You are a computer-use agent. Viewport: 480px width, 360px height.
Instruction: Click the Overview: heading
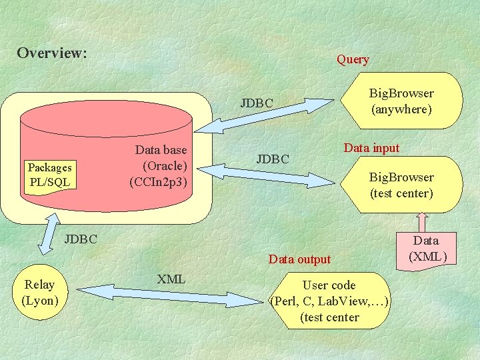[x=52, y=53]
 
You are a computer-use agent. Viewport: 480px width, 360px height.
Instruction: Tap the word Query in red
[x=353, y=59]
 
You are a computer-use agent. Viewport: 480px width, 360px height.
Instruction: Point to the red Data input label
[x=371, y=148]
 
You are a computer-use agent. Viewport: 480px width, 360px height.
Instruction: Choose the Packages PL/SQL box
[x=50, y=175]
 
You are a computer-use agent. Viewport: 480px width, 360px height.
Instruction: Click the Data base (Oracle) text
[x=161, y=165]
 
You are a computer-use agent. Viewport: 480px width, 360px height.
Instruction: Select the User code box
[x=329, y=301]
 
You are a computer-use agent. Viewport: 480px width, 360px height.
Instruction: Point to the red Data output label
[x=299, y=259]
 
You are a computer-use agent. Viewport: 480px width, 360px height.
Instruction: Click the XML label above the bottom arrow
[x=171, y=279]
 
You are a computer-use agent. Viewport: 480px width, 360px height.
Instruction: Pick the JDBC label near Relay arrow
[x=81, y=239]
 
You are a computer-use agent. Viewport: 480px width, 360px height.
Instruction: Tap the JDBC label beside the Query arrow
[x=257, y=103]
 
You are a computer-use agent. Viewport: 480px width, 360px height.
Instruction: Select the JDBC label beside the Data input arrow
[x=273, y=159]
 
